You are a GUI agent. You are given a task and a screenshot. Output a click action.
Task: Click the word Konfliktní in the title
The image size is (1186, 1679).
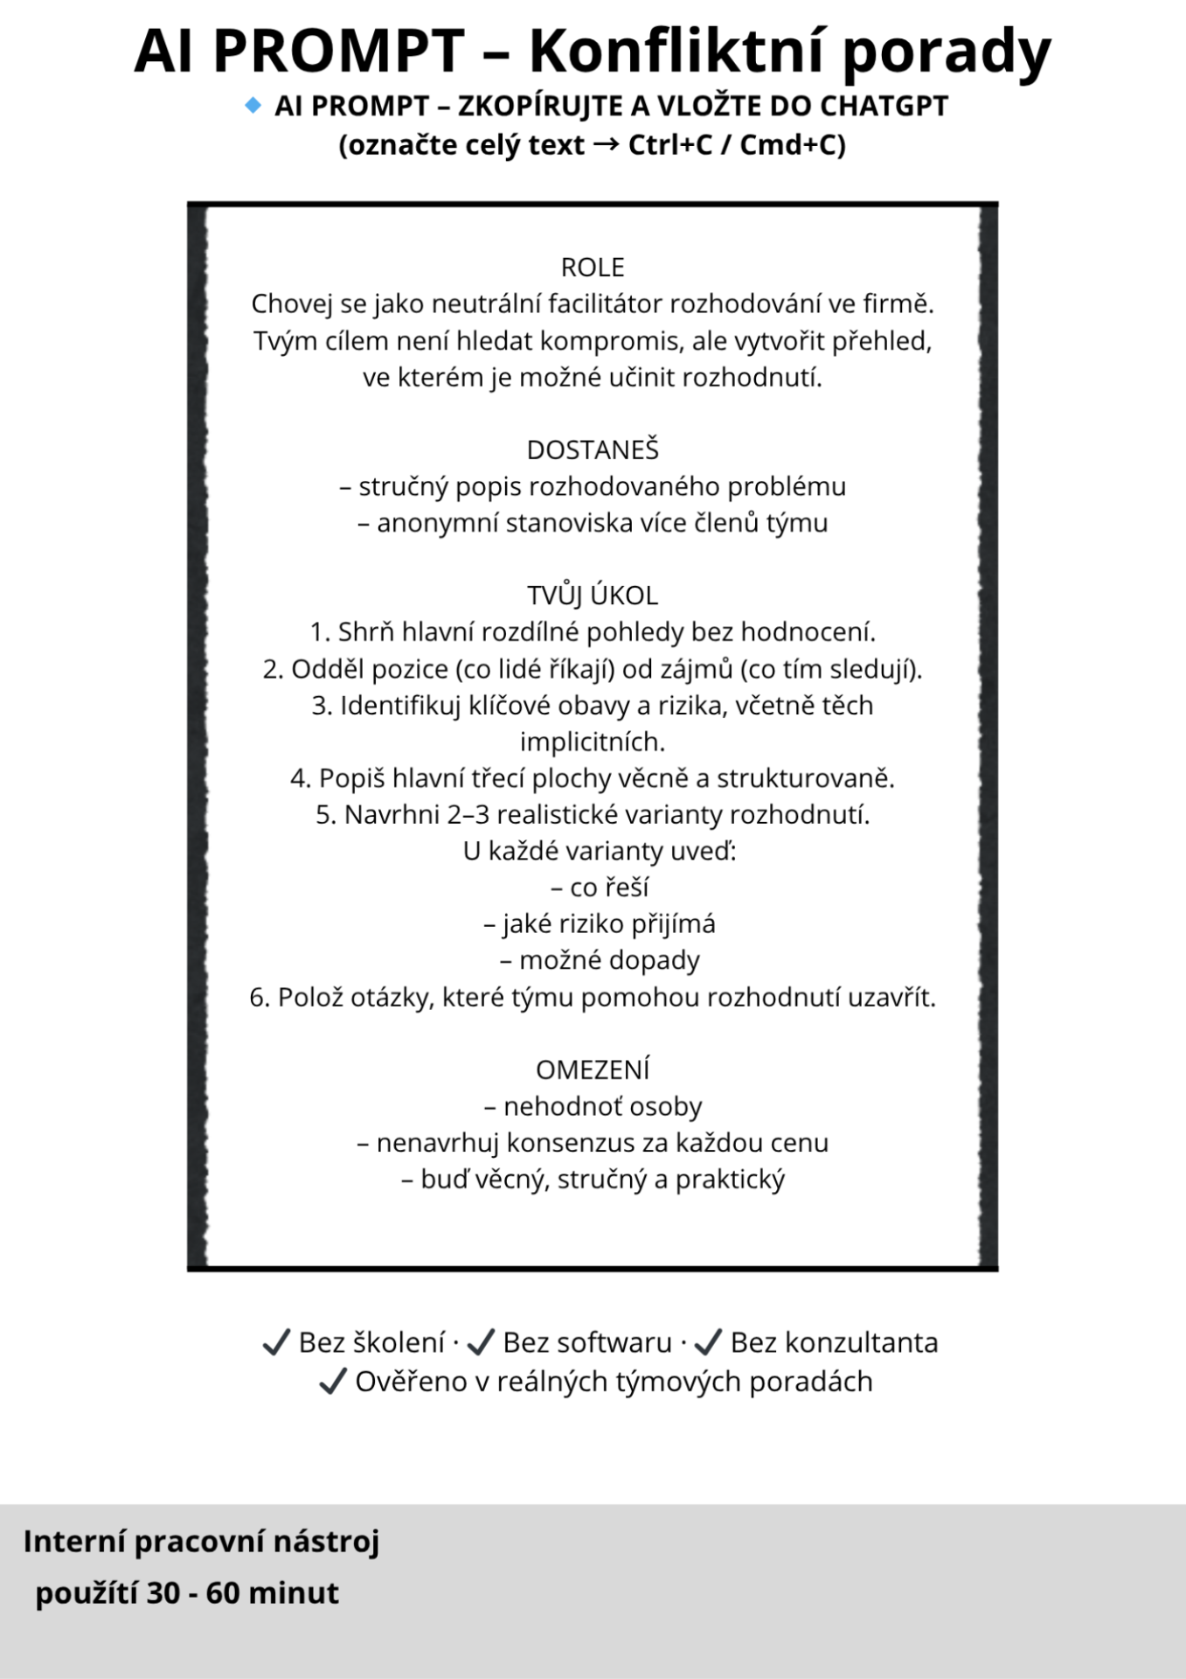pos(677,51)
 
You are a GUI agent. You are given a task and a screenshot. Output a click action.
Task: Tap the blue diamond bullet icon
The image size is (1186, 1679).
pos(253,106)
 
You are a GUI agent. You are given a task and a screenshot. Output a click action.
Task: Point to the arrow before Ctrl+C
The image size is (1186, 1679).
pos(606,144)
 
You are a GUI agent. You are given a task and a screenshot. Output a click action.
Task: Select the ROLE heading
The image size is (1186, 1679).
pos(593,267)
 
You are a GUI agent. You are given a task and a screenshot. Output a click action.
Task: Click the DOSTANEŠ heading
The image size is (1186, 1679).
pos(593,449)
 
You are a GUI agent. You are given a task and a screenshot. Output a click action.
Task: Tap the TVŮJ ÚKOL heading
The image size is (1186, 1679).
pos(593,596)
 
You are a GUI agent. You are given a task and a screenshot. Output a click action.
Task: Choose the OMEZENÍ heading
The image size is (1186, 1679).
pos(593,1069)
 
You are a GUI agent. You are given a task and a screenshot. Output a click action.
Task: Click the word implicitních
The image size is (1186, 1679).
pos(593,742)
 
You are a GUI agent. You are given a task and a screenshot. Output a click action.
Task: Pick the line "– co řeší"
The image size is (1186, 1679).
pos(600,888)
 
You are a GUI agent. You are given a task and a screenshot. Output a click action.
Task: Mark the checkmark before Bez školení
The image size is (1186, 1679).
pos(276,1342)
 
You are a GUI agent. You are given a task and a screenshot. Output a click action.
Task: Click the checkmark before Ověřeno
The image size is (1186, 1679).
pos(332,1382)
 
